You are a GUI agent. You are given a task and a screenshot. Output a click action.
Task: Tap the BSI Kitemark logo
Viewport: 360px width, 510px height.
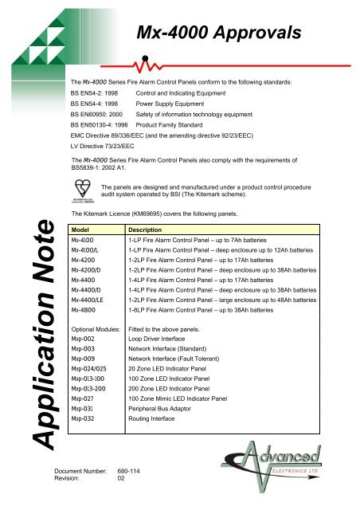81,190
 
